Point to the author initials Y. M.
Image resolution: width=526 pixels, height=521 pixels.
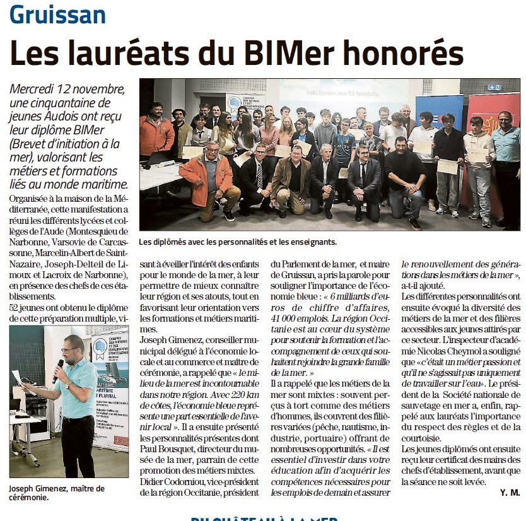pyautogui.click(x=510, y=491)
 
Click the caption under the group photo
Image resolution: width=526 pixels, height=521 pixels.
pyautogui.click(x=238, y=241)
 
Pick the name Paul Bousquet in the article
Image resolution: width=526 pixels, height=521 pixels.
pyautogui.click(x=164, y=448)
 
